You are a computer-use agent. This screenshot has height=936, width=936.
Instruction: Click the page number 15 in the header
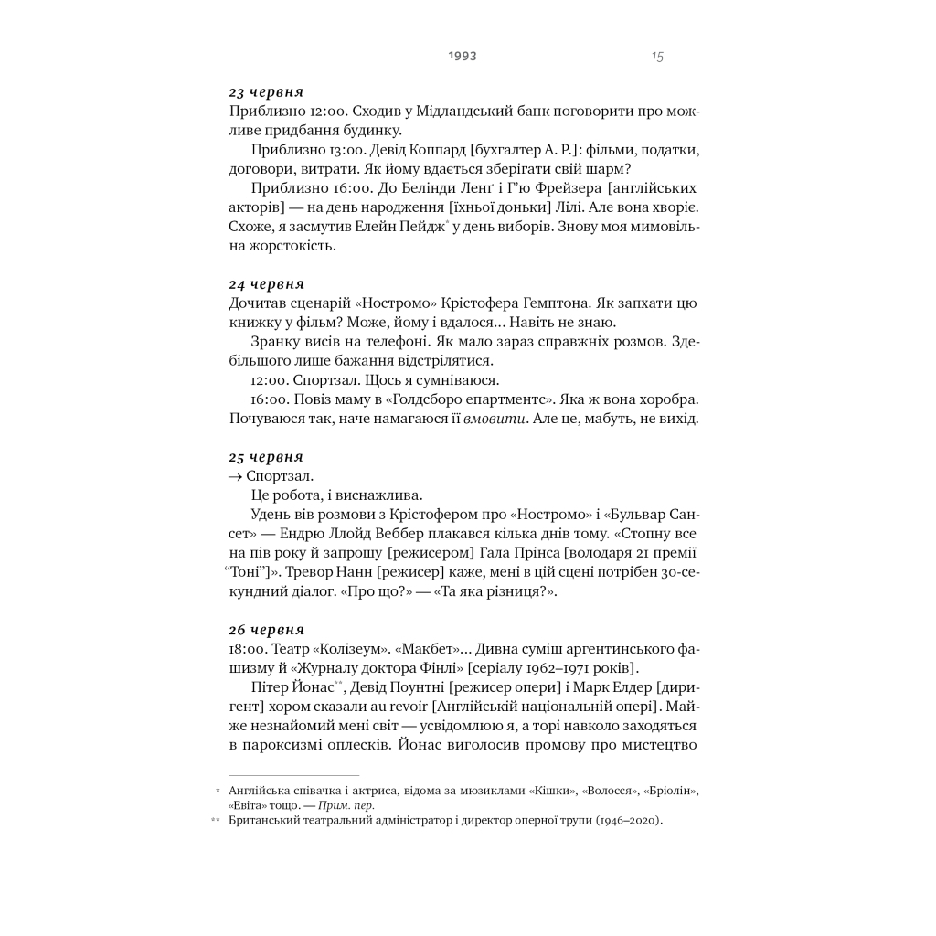coord(657,57)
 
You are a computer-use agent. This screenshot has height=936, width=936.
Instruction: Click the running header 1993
coord(463,56)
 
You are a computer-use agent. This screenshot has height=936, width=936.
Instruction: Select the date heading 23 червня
coord(266,92)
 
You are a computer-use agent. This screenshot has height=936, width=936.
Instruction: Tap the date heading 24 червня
coord(266,283)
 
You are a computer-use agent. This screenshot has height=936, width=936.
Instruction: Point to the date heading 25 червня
coord(266,457)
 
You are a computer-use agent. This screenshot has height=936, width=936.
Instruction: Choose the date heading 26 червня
coord(266,630)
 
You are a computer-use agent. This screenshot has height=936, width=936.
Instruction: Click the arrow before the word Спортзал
coord(235,477)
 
